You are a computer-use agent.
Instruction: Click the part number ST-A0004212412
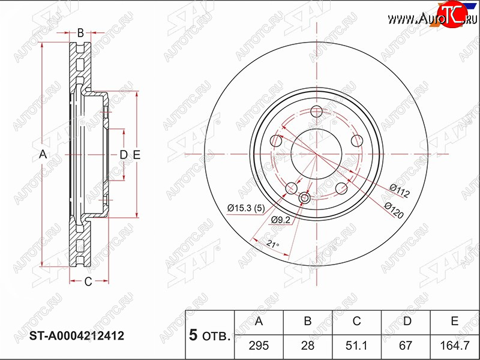tap(77, 336)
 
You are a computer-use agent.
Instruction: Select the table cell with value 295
tap(259, 346)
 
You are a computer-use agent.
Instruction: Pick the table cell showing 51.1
tap(356, 346)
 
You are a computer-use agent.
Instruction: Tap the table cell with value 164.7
tap(455, 346)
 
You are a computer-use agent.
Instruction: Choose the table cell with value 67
tap(406, 346)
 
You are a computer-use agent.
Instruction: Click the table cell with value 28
tap(308, 346)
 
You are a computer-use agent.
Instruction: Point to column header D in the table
tap(407, 321)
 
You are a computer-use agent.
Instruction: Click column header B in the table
tap(308, 321)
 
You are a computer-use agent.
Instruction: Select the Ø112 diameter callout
tap(399, 190)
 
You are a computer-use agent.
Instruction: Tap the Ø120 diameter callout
tap(394, 211)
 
